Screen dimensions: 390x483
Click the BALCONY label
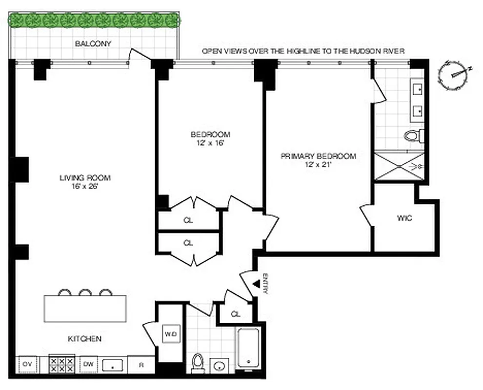(x=93, y=44)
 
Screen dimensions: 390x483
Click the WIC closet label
(x=404, y=218)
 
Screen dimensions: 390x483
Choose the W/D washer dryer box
(x=170, y=334)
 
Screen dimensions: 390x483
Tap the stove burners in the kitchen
(x=62, y=364)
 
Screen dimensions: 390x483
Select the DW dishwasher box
(x=88, y=364)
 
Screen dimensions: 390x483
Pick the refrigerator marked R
(x=141, y=364)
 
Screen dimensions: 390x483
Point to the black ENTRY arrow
(x=255, y=285)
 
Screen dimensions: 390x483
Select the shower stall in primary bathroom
(x=399, y=166)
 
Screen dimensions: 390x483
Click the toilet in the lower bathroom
(x=198, y=362)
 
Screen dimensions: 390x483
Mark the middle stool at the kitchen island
(x=85, y=292)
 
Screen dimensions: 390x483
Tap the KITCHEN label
(x=84, y=338)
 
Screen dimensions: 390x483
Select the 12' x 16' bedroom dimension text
(x=210, y=143)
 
